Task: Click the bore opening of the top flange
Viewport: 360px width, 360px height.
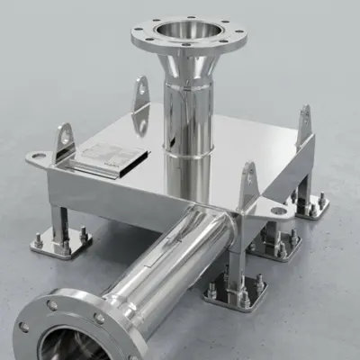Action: click(187, 30)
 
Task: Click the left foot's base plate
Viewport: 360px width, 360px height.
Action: click(60, 244)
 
